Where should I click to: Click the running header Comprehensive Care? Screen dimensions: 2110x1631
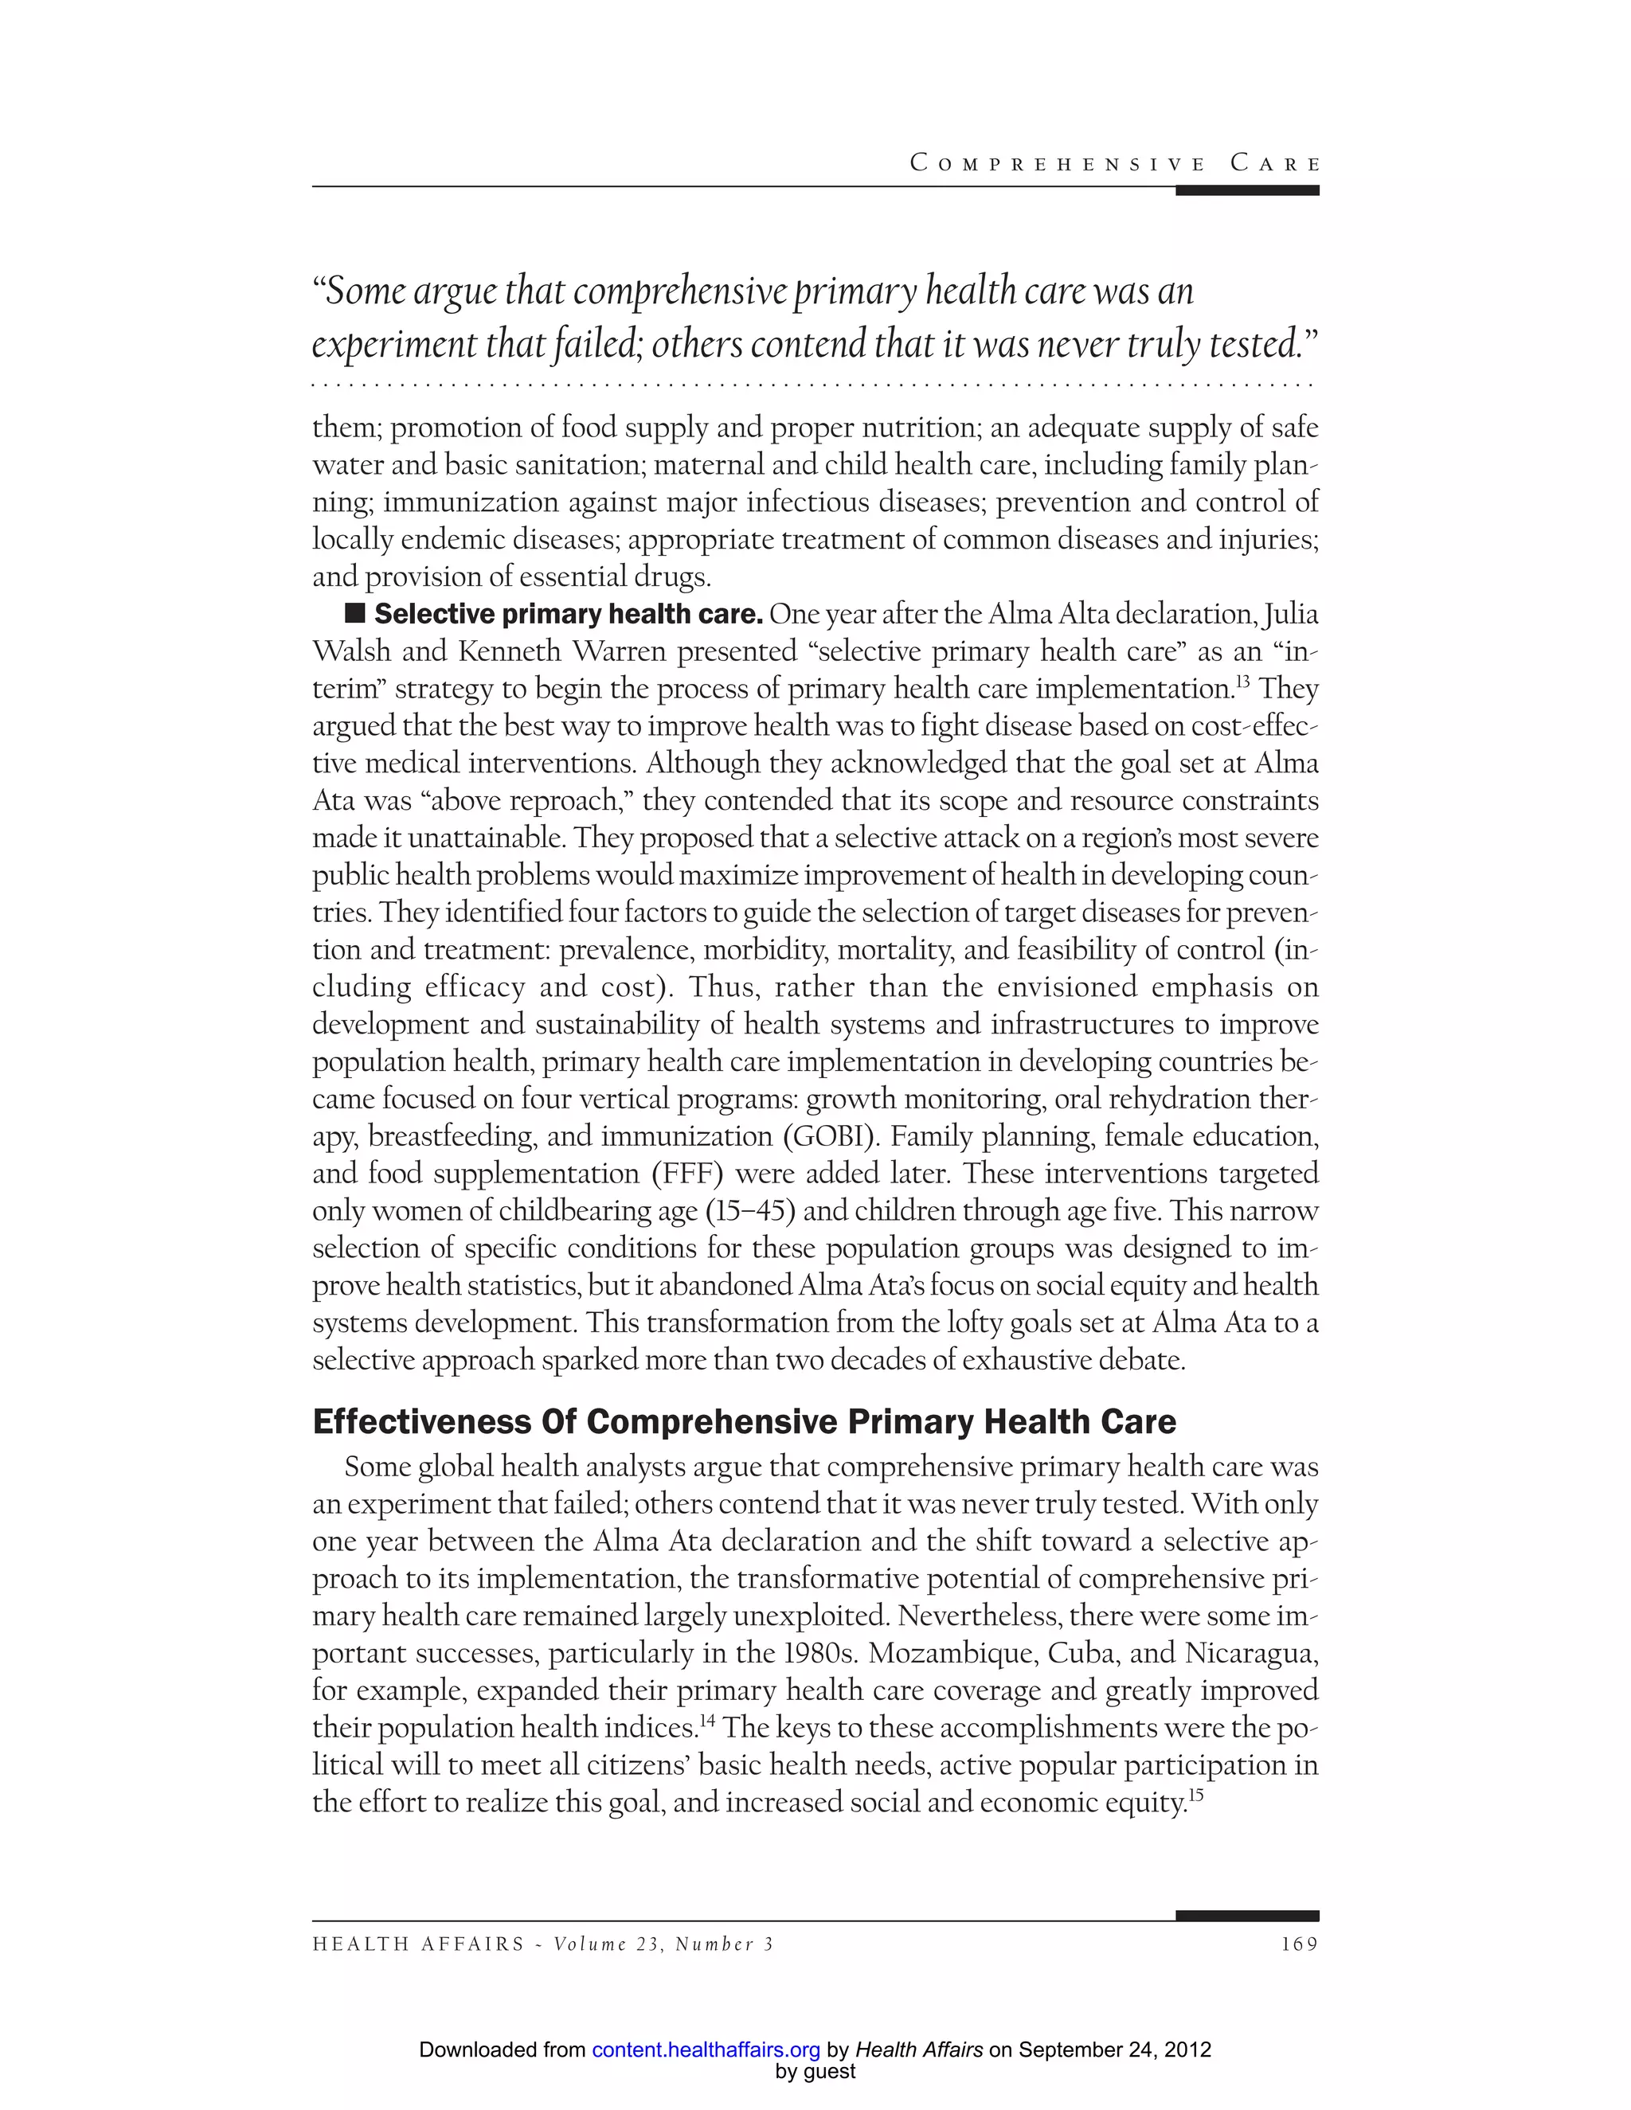click(x=1114, y=163)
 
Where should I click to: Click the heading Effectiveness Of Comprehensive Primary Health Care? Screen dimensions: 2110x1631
click(x=744, y=1421)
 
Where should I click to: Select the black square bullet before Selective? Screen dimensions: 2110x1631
click(x=354, y=613)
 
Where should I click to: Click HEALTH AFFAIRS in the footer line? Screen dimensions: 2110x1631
click(x=418, y=1944)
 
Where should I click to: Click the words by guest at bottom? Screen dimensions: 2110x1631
click(x=815, y=2071)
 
